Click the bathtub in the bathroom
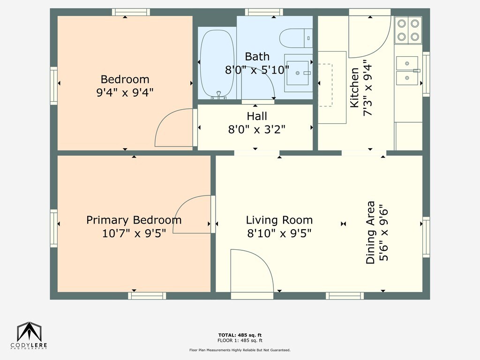click(x=217, y=64)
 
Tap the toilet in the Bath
click(x=296, y=38)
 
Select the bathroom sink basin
click(x=298, y=73)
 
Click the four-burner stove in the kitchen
click(x=408, y=30)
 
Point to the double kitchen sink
click(x=407, y=70)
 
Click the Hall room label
click(x=257, y=116)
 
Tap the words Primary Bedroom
click(x=134, y=220)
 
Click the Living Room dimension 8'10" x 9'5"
click(x=279, y=233)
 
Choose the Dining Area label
click(x=370, y=232)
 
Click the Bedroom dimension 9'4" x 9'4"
click(x=125, y=92)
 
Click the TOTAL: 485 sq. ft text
click(x=240, y=335)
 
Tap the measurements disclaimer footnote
click(x=240, y=350)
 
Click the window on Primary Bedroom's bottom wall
click(x=147, y=296)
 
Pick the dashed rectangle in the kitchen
click(x=325, y=85)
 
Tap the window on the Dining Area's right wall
click(x=426, y=237)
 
